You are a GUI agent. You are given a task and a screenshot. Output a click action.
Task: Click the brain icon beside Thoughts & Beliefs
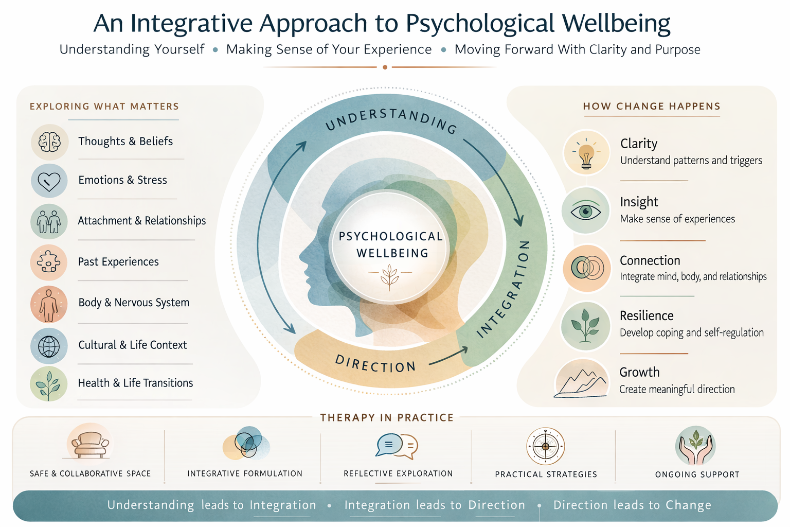click(49, 142)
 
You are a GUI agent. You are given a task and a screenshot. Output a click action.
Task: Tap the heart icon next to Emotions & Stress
click(49, 181)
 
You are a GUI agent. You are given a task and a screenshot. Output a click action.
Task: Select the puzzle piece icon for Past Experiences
click(49, 262)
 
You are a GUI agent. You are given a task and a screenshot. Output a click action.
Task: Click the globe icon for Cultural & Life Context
click(49, 346)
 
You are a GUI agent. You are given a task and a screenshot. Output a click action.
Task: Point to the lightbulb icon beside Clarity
click(586, 153)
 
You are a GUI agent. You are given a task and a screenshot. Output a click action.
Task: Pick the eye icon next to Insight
click(586, 212)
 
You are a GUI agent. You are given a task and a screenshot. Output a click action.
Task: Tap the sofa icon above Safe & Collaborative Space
click(90, 444)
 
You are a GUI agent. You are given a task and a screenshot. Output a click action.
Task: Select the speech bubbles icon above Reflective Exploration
click(397, 446)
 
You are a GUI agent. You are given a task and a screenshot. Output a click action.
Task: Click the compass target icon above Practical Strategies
click(546, 446)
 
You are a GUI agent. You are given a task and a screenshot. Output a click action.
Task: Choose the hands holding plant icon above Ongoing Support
click(696, 446)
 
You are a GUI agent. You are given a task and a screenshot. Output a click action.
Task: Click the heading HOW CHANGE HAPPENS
click(652, 107)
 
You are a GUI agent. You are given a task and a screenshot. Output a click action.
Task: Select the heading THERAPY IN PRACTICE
click(387, 417)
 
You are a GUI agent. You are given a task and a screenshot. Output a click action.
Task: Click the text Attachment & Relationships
click(142, 221)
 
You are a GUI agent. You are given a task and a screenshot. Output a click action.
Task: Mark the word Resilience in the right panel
click(647, 315)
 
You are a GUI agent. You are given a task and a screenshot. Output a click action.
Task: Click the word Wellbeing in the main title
click(616, 24)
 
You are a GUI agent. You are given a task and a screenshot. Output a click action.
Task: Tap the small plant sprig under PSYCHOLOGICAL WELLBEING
click(390, 276)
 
